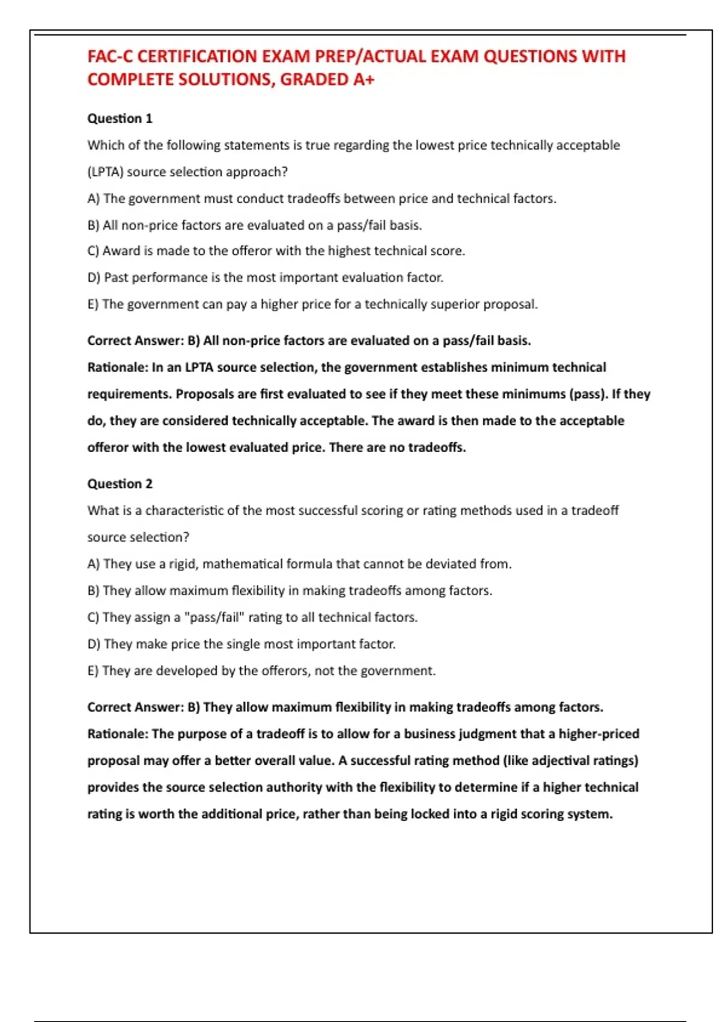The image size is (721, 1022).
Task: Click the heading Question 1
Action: pyautogui.click(x=120, y=118)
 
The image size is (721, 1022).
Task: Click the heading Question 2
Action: pyautogui.click(x=120, y=484)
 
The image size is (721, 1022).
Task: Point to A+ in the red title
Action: pyautogui.click(x=364, y=79)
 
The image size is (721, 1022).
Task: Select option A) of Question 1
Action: pyautogui.click(x=321, y=198)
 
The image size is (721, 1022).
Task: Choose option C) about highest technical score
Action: pyautogui.click(x=276, y=251)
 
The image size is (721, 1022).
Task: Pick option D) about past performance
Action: pyautogui.click(x=265, y=278)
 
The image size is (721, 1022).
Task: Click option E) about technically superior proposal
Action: pyautogui.click(x=312, y=304)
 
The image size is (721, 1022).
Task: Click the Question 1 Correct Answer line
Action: pyautogui.click(x=309, y=341)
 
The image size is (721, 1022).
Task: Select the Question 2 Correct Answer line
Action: pyautogui.click(x=345, y=707)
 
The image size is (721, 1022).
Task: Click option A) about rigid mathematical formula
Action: pyautogui.click(x=299, y=564)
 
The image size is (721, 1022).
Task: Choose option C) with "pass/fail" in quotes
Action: pyautogui.click(x=252, y=617)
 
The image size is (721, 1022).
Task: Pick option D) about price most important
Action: pyautogui.click(x=241, y=644)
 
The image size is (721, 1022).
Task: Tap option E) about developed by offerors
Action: pyautogui.click(x=261, y=671)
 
